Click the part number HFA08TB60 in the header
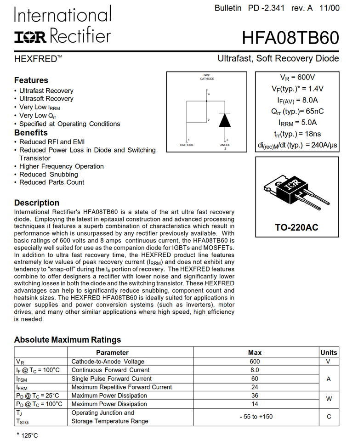tap(290, 38)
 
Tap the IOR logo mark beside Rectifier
tap(30, 37)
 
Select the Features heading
tap(31, 80)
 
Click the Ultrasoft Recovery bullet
tap(46, 99)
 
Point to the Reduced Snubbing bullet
tap(48, 175)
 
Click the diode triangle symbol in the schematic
tap(225, 120)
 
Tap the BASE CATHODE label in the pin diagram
tap(207, 77)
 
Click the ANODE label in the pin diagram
tap(225, 145)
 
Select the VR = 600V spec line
tap(297, 78)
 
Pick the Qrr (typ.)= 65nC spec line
tap(297, 111)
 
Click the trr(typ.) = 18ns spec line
tap(297, 134)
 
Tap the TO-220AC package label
tap(296, 227)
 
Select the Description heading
tap(37, 203)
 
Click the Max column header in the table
tap(255, 353)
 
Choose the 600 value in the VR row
tap(255, 362)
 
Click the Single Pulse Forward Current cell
tap(111, 379)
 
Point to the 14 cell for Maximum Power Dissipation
tap(255, 404)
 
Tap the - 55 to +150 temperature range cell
tap(256, 417)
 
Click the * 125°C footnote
tap(28, 435)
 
